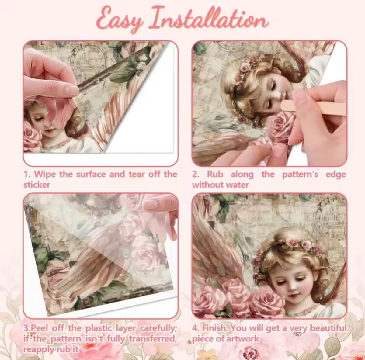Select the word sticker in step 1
point(37,185)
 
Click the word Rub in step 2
point(215,174)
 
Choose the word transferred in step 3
point(153,339)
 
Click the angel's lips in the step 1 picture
point(50,131)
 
